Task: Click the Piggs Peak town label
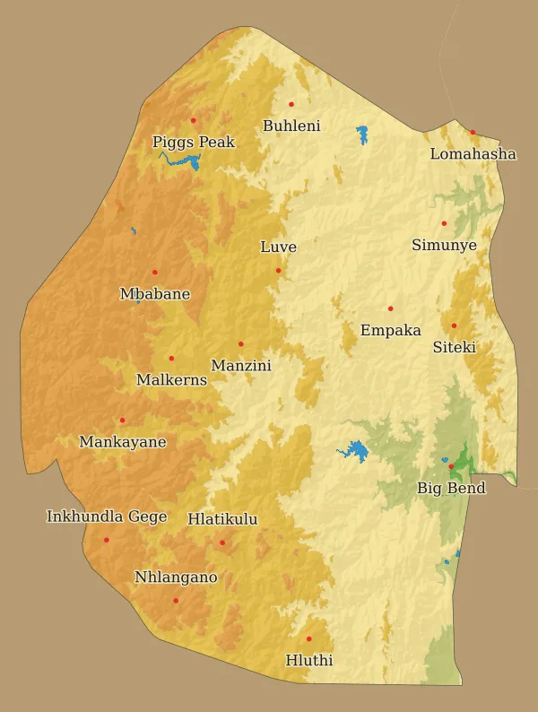(x=194, y=142)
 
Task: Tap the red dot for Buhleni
(x=291, y=104)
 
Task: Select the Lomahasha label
(x=473, y=154)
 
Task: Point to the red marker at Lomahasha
(x=473, y=132)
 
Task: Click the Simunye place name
(x=444, y=245)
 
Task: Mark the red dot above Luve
(x=278, y=270)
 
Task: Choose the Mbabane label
(x=155, y=294)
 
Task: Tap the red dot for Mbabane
(x=154, y=272)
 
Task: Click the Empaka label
(x=390, y=330)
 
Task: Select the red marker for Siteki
(x=454, y=326)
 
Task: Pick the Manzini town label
(x=240, y=365)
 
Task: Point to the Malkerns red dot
(x=171, y=358)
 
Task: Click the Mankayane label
(x=123, y=442)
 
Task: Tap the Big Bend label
(x=451, y=488)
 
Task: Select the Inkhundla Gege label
(x=107, y=517)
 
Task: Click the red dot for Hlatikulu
(x=222, y=542)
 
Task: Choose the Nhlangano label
(x=176, y=577)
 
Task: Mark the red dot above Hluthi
(x=308, y=638)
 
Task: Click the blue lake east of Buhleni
(x=362, y=135)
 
